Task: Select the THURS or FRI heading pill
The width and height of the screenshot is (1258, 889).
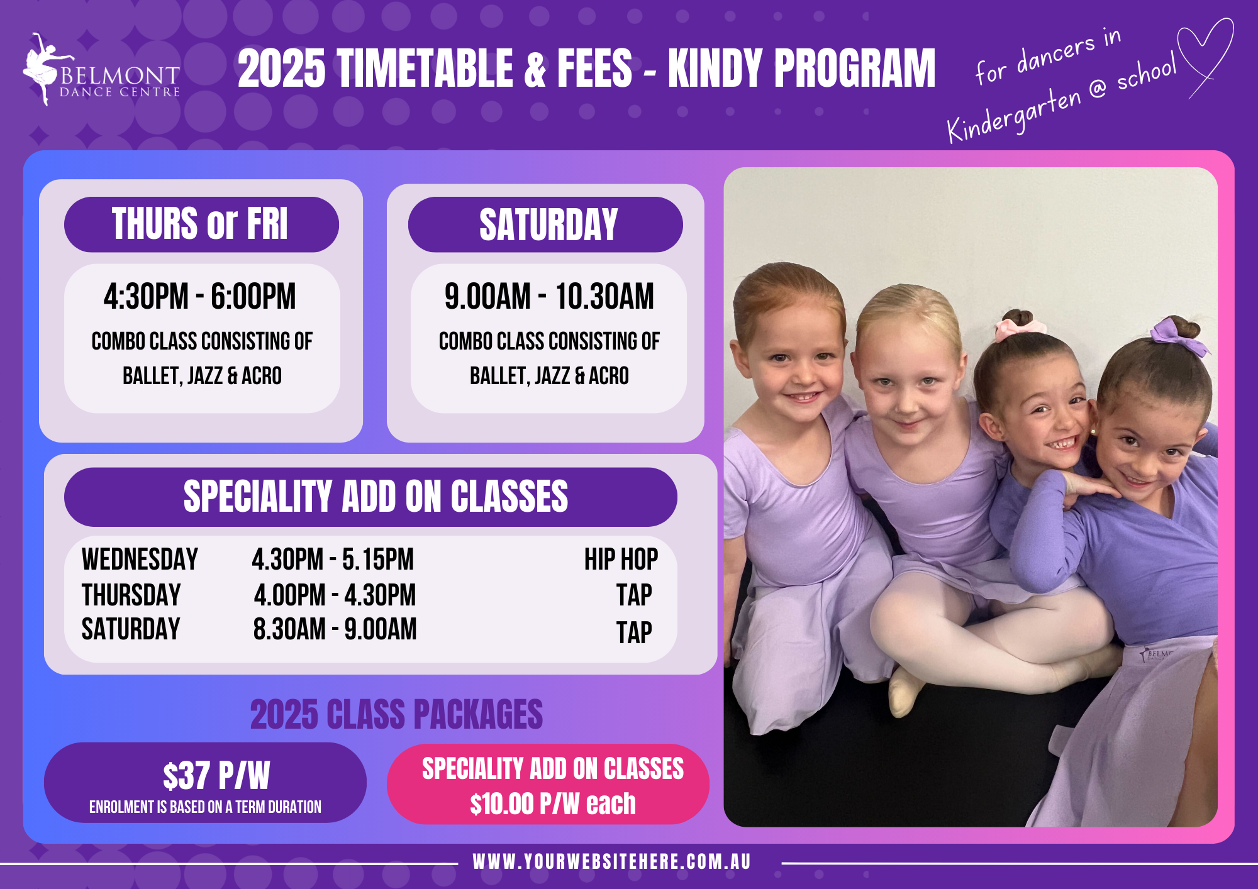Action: [x=201, y=224]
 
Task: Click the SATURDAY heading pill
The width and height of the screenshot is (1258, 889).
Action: [x=545, y=224]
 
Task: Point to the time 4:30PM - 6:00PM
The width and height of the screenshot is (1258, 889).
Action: [x=200, y=296]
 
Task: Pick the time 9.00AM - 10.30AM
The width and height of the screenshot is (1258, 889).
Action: [x=549, y=296]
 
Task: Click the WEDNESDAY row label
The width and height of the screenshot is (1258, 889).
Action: [x=140, y=559]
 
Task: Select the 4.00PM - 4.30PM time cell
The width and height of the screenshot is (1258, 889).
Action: [x=335, y=595]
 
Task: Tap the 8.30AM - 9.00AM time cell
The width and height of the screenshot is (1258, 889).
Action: [x=335, y=629]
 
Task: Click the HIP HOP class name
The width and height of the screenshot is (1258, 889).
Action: [x=621, y=559]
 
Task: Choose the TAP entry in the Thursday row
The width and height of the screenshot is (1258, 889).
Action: [x=634, y=595]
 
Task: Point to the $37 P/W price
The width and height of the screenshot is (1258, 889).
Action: [x=216, y=775]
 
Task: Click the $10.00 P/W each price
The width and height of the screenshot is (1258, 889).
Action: [x=553, y=803]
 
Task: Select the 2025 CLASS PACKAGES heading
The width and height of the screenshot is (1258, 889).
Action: [x=396, y=714]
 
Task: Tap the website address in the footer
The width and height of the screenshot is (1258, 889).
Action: [x=612, y=861]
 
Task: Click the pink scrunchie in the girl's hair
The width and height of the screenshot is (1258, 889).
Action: [x=1020, y=327]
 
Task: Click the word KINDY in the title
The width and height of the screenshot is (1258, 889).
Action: [x=715, y=69]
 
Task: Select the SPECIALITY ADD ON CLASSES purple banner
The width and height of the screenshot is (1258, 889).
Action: [x=370, y=497]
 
